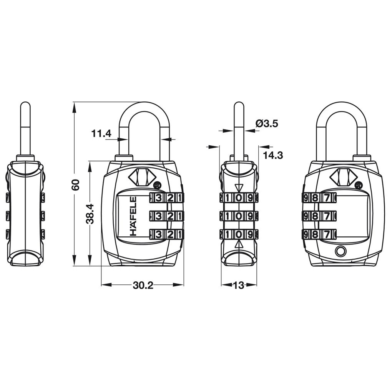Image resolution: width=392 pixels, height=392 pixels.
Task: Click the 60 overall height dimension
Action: tap(76, 184)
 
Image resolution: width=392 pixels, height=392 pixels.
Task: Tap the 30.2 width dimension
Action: tap(143, 285)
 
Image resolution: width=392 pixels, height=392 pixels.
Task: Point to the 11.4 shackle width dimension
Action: tap(101, 134)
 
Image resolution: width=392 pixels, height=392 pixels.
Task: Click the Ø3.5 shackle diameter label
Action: tap(267, 124)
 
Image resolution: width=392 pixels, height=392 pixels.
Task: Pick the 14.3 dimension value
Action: tap(273, 155)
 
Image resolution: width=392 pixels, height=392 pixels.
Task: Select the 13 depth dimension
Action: tap(239, 285)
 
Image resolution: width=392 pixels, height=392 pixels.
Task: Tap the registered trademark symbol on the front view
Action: tap(157, 185)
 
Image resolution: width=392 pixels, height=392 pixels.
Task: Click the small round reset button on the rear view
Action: tap(340, 251)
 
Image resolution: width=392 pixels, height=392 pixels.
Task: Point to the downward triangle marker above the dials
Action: tap(239, 188)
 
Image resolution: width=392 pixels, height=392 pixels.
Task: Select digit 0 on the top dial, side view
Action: tap(239, 198)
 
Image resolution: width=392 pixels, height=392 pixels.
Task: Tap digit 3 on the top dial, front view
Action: tap(158, 198)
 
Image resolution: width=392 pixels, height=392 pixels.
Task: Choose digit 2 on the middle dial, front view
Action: tap(169, 216)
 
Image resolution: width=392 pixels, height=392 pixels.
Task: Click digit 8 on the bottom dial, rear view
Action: tap(315, 234)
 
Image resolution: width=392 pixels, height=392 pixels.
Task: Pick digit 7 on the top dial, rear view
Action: tap(326, 198)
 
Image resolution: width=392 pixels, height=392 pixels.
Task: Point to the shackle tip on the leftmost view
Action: tap(25, 105)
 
